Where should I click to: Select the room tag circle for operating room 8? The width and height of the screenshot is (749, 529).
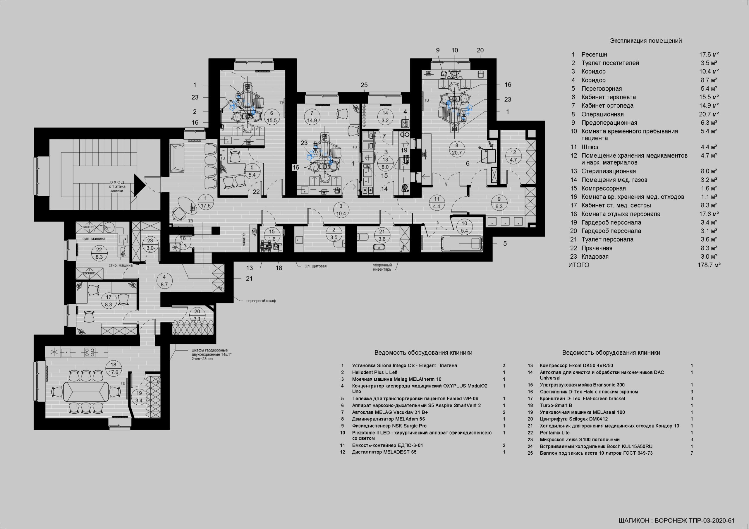(457, 149)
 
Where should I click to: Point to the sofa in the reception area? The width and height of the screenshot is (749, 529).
(177, 157)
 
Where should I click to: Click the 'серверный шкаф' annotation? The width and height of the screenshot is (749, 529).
(261, 301)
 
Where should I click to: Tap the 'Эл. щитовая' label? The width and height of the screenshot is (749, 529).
(315, 266)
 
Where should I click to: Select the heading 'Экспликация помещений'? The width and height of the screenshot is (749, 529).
(646, 41)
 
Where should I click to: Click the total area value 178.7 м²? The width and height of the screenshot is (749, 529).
(709, 265)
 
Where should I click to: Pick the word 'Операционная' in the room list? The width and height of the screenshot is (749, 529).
(602, 114)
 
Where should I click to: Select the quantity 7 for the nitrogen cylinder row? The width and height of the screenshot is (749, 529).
(692, 453)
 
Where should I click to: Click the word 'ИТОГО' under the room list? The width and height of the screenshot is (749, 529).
(579, 265)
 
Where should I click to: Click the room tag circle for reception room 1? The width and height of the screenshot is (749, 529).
(205, 202)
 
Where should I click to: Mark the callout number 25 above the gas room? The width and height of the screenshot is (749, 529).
(364, 85)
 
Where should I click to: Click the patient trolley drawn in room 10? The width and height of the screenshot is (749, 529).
(461, 243)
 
